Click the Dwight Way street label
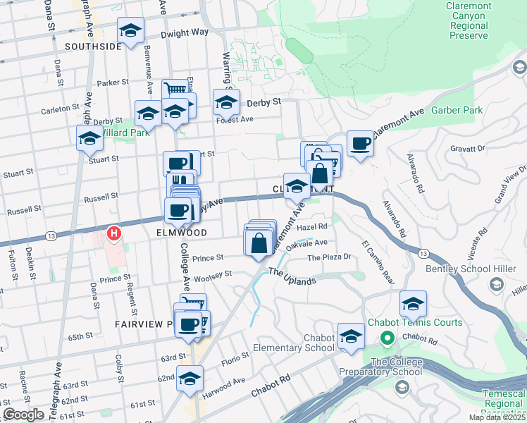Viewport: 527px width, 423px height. click(185, 32)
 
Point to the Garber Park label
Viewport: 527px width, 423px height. click(457, 110)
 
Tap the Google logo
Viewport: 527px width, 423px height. click(24, 415)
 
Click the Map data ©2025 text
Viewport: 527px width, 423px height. click(495, 417)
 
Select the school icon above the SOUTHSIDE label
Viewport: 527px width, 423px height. click(130, 31)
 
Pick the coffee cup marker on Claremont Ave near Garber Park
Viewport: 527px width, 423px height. click(360, 144)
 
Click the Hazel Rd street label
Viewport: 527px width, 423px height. click(313, 226)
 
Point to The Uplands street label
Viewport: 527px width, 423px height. click(292, 276)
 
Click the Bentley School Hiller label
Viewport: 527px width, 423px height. click(476, 269)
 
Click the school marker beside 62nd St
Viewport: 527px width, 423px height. click(189, 379)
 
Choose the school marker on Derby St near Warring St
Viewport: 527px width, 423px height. click(227, 103)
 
